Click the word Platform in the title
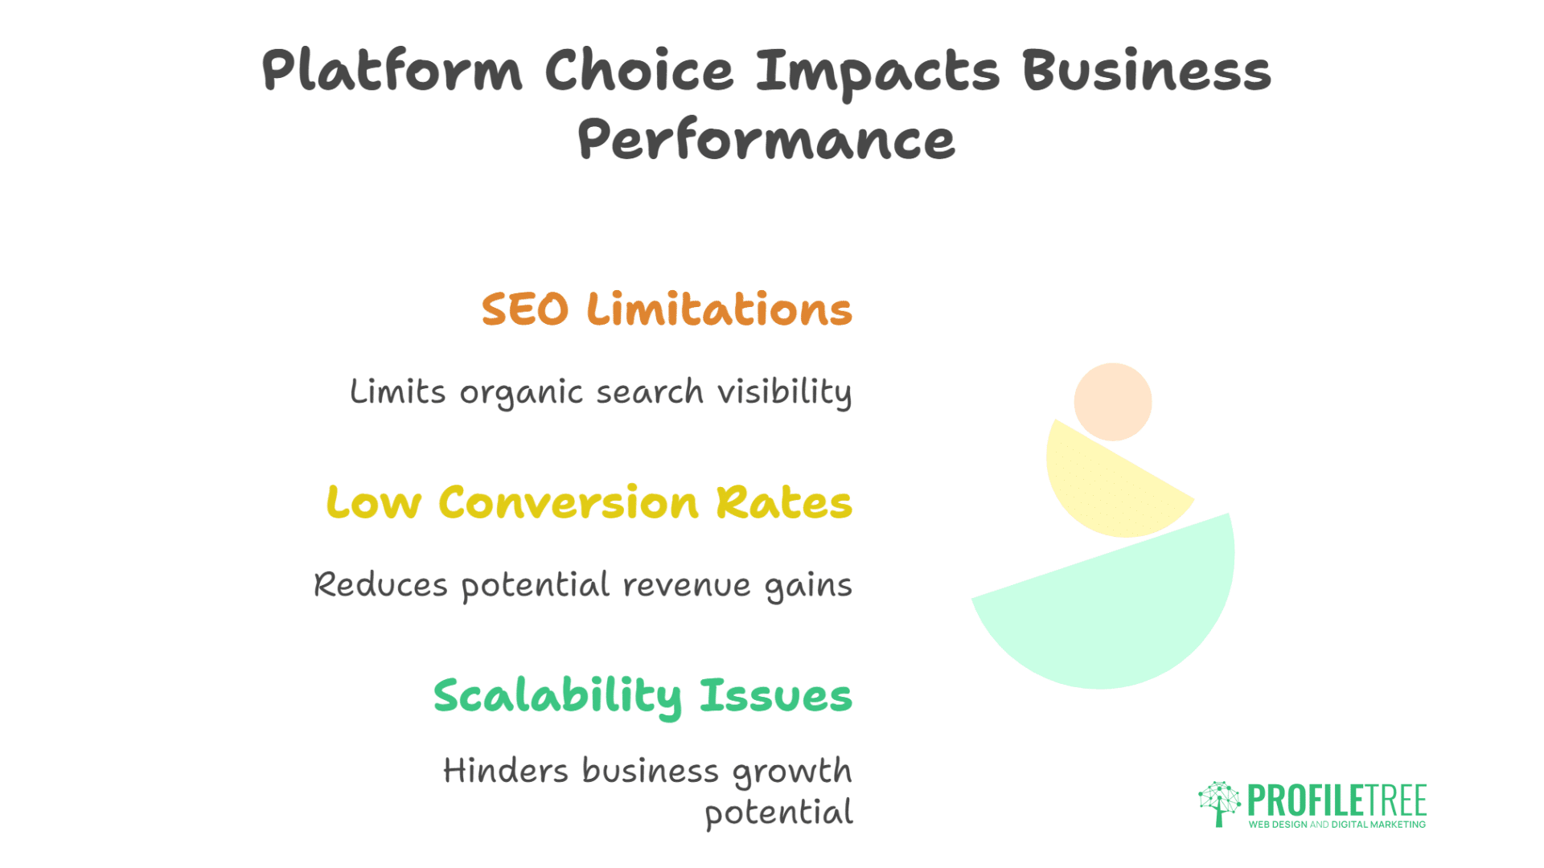(x=392, y=71)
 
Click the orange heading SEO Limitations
(x=667, y=309)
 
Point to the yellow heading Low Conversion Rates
(x=589, y=503)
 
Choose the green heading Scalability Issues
(x=643, y=696)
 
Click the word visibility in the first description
(x=784, y=392)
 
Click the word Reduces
(x=380, y=584)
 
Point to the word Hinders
(x=506, y=771)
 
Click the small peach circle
(x=1113, y=402)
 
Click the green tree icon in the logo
(x=1219, y=803)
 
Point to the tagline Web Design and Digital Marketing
(x=1337, y=825)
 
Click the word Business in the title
(x=1146, y=71)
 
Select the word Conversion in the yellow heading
(x=569, y=503)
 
